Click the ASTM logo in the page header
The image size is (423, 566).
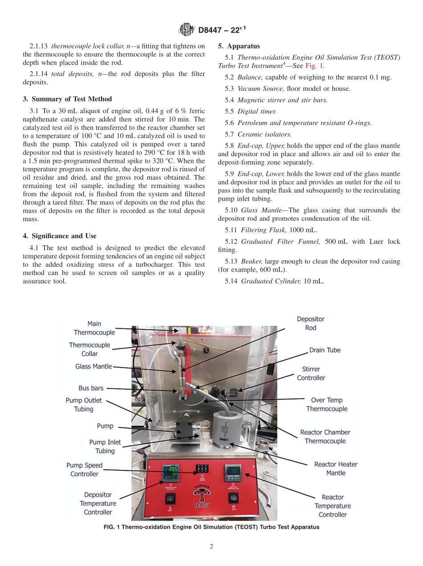click(186, 30)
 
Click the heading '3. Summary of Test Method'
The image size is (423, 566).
click(67, 99)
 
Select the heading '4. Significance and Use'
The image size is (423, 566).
click(60, 236)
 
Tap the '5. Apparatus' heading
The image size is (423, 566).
click(239, 46)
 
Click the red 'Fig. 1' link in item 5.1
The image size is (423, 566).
click(314, 66)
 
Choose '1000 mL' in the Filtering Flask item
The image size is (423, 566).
click(305, 230)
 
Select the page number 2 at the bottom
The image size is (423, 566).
click(211, 546)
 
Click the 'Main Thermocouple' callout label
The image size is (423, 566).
click(94, 328)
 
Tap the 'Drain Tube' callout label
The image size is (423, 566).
click(325, 350)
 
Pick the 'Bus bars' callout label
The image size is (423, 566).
click(91, 388)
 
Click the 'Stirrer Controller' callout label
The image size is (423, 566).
click(311, 373)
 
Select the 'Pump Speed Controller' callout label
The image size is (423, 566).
click(84, 469)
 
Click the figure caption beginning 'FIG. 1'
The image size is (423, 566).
click(211, 527)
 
